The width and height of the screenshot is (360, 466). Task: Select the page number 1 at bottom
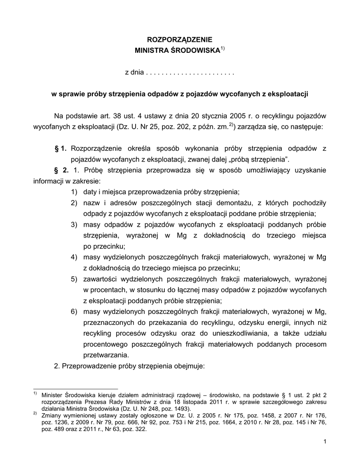tap(326, 441)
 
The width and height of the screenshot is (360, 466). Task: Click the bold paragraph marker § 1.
tap(61, 148)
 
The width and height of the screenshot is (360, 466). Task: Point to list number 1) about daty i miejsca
tap(74, 192)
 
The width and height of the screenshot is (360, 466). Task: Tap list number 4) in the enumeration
tap(74, 257)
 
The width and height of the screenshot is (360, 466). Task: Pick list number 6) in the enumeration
tap(74, 311)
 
